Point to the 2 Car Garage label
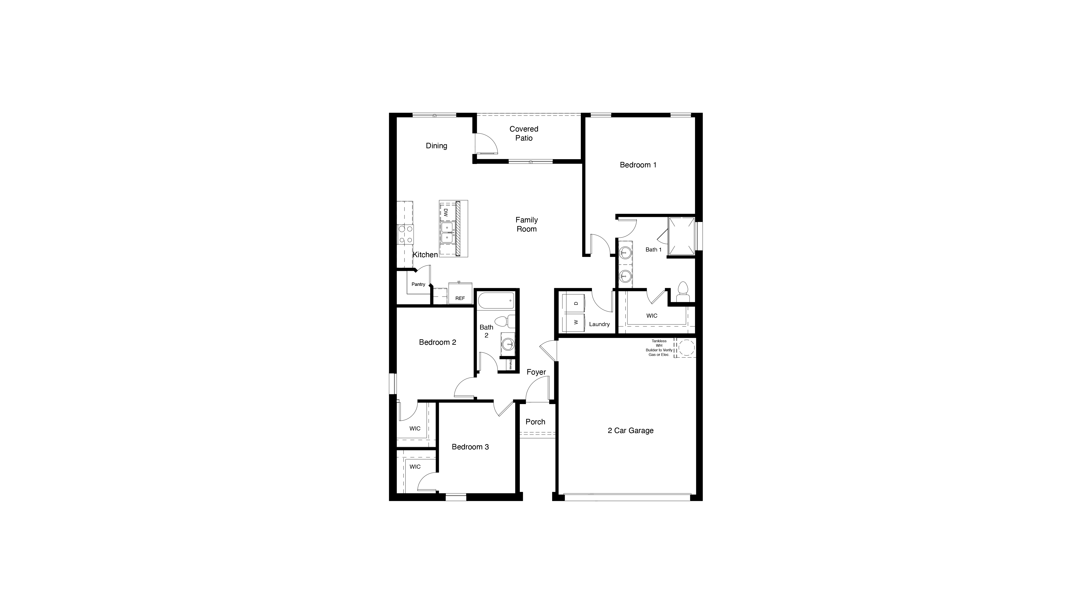coord(630,430)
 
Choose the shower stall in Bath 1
coord(681,237)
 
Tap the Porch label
coord(535,422)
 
